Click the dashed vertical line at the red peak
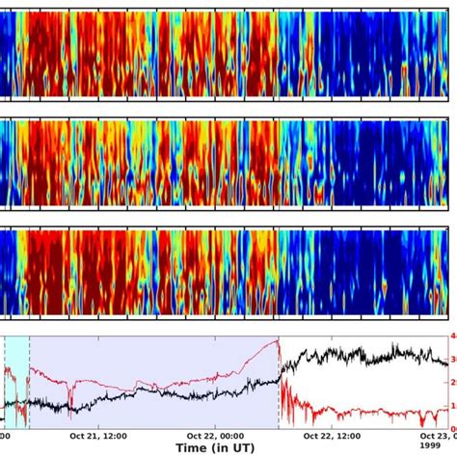[x=279, y=386]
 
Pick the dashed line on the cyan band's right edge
[x=29, y=386]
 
